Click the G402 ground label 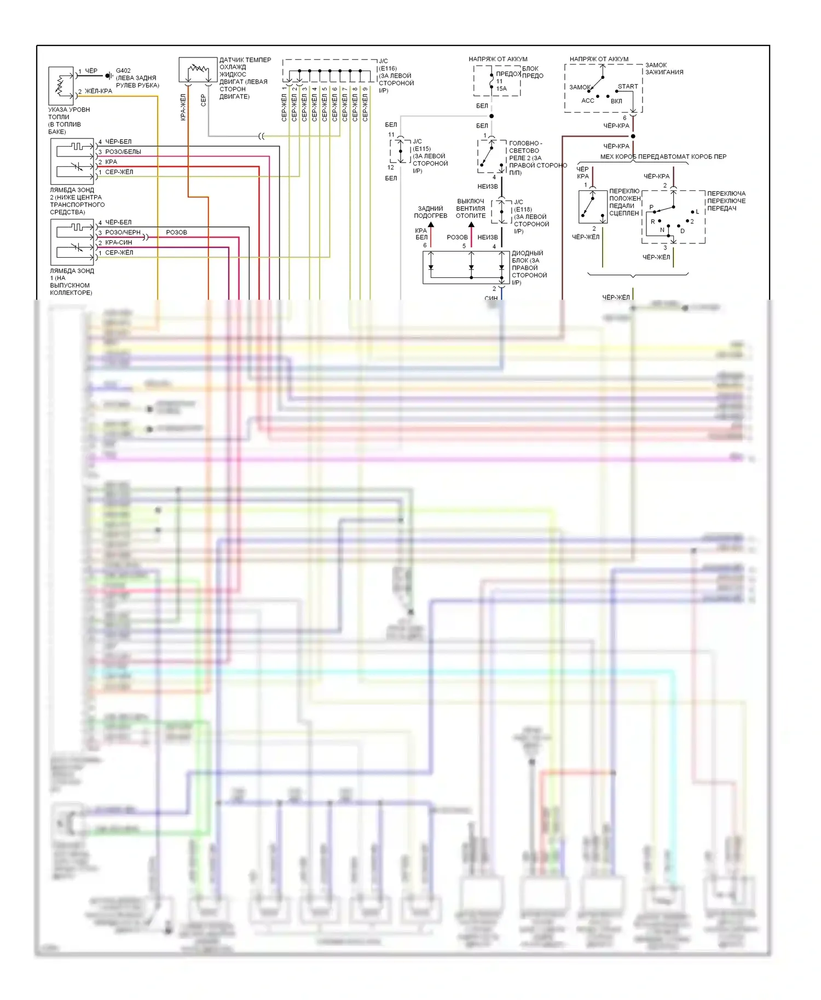pos(123,71)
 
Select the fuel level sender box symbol pos(61,86)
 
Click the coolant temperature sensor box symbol pos(198,70)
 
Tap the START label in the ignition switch pos(628,86)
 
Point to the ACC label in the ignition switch pos(587,101)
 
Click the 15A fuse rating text pos(501,89)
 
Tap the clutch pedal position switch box pos(593,207)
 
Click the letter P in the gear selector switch pos(651,207)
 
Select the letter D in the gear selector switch pos(683,231)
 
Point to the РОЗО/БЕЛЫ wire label pos(123,152)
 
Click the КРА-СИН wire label pos(118,242)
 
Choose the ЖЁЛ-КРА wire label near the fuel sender pos(99,91)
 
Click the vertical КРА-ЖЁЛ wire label pos(183,107)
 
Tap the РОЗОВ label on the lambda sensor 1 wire pos(176,232)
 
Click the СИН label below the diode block pos(491,298)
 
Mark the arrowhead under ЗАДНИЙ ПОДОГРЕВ pos(431,225)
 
